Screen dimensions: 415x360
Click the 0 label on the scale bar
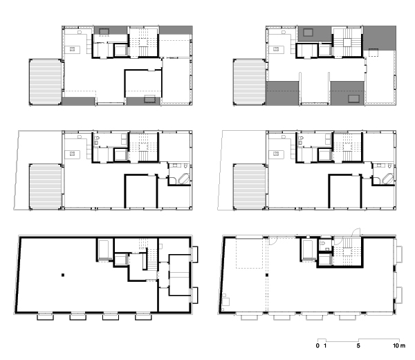pos(317,345)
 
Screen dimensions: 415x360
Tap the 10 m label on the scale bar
pos(399,345)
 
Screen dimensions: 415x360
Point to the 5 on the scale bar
pos(358,345)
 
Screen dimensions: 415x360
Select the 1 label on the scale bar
pos(325,345)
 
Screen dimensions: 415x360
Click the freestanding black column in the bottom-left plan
pos(63,275)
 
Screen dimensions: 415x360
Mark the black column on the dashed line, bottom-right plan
pos(267,275)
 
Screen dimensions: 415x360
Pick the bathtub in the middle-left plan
pos(184,179)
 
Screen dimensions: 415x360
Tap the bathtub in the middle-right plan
pos(388,179)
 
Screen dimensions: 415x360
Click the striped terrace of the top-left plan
pos(45,82)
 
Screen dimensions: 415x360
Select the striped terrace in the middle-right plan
pos(249,187)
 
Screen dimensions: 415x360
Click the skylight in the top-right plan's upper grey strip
pos(308,33)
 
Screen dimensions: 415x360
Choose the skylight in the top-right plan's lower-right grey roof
pos(353,98)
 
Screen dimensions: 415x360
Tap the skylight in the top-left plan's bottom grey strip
pos(150,99)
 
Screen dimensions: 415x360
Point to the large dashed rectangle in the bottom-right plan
pos(249,253)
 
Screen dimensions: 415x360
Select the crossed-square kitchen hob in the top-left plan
pos(72,49)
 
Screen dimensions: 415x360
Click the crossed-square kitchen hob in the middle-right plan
pos(276,154)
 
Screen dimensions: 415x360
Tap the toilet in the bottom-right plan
pos(322,243)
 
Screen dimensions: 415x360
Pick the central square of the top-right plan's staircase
pos(347,42)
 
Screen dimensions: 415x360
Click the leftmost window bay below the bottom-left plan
pos(45,316)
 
